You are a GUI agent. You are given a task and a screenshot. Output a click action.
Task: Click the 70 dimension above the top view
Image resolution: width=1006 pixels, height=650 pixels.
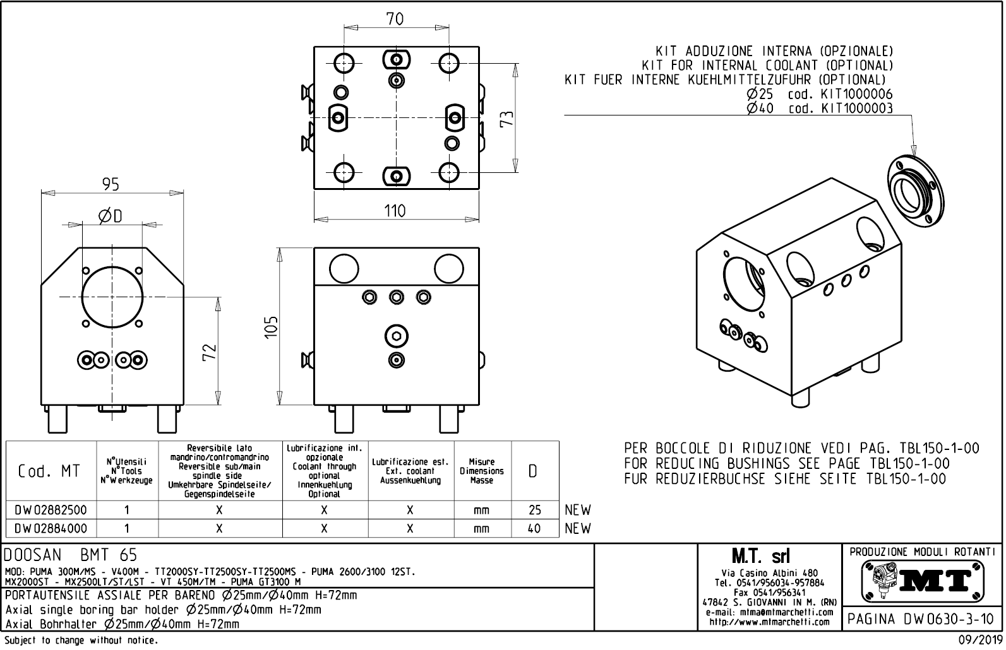[395, 19]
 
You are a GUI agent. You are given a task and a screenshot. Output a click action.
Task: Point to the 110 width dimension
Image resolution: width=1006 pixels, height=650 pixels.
[395, 210]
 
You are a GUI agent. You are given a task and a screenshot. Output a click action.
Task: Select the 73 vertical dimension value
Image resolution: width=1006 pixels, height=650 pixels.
[507, 118]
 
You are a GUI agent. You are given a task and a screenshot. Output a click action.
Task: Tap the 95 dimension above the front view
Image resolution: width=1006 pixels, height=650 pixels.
[111, 184]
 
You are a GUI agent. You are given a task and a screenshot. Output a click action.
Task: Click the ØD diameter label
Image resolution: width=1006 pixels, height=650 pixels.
[111, 216]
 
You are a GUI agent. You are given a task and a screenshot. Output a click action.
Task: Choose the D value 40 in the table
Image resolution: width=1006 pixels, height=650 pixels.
[534, 528]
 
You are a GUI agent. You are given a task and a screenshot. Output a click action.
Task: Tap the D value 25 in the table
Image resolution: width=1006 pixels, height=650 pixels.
[534, 510]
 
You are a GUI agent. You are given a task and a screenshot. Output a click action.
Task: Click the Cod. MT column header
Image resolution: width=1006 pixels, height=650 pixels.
[49, 471]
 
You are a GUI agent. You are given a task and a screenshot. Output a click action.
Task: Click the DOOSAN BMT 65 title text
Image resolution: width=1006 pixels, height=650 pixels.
[70, 555]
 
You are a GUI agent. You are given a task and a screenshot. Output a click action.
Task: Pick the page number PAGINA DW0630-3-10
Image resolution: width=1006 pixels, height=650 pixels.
[922, 619]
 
